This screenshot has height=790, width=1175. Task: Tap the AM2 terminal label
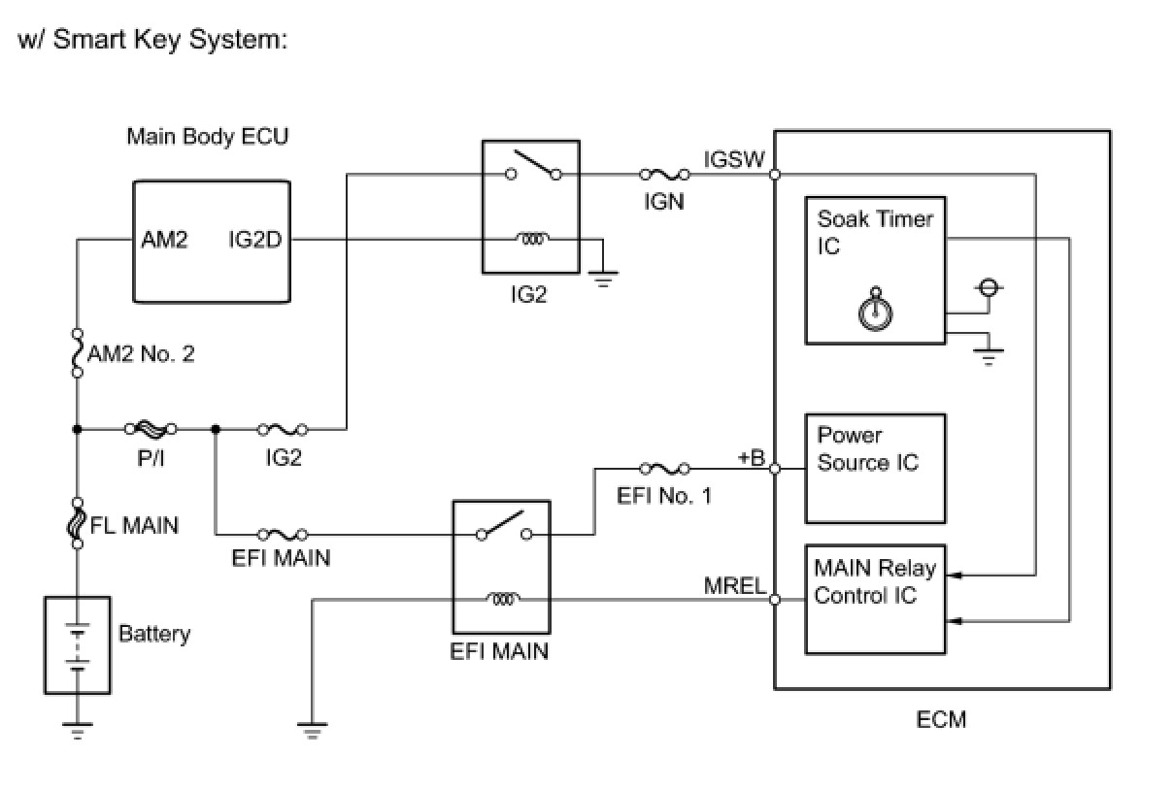coord(164,240)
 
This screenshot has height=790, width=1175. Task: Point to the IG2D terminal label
coord(255,240)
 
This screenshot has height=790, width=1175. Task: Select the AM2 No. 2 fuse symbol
coord(77,353)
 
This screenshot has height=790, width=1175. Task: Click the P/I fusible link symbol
coord(150,428)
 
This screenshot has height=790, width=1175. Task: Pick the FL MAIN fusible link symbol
coord(77,524)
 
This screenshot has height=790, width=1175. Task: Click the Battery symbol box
coord(78,645)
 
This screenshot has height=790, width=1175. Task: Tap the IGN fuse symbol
coord(664,176)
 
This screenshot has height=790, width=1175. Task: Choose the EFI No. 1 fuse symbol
coord(664,470)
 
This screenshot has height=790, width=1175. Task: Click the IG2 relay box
coord(530,208)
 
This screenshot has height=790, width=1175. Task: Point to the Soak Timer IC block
coord(875,270)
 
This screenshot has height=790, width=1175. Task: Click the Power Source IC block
coord(875,469)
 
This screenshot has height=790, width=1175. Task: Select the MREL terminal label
coord(735,585)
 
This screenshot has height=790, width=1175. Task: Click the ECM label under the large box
coord(941,720)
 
